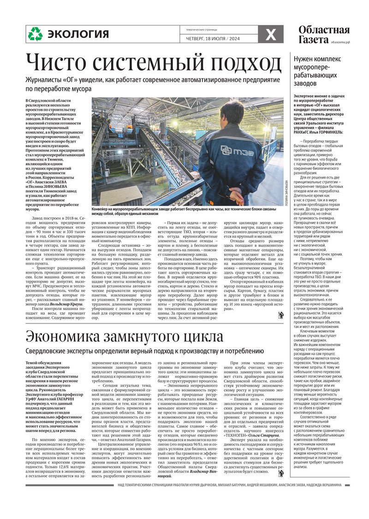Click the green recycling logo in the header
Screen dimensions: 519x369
35,34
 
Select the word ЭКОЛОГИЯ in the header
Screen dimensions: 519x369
78,34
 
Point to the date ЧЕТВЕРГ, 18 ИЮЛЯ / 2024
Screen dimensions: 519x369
210,39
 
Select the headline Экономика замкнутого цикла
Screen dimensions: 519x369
124,336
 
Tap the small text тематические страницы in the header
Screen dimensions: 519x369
198,29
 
